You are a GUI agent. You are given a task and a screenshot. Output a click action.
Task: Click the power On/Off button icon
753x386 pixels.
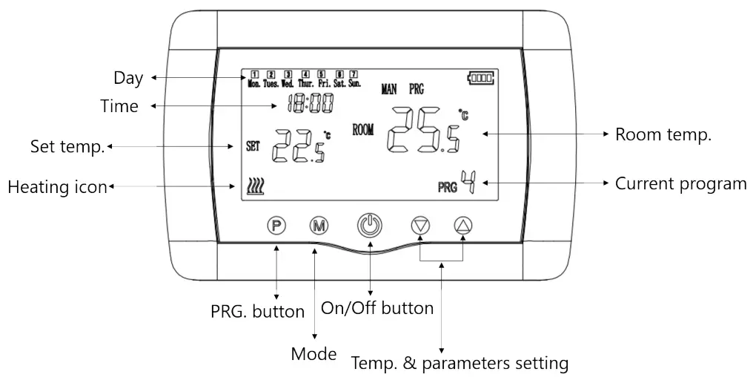click(370, 225)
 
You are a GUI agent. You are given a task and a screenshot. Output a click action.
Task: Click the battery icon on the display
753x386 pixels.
click(480, 76)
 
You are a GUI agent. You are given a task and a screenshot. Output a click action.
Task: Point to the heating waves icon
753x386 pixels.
click(256, 186)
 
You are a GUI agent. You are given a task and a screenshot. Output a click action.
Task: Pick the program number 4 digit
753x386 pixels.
click(468, 182)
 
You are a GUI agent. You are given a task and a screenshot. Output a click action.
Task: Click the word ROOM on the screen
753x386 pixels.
click(363, 130)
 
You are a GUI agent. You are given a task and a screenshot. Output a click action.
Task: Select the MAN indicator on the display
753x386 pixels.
click(389, 89)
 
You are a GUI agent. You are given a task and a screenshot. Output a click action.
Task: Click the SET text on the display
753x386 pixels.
click(254, 146)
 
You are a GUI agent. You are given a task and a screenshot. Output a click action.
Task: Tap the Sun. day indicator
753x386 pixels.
click(354, 79)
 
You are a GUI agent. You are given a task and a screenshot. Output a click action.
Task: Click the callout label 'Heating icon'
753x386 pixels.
click(57, 187)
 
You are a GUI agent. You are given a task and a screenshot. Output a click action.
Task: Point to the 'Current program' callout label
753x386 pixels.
click(680, 183)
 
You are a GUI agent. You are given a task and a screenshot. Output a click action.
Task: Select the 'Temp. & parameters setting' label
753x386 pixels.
click(460, 364)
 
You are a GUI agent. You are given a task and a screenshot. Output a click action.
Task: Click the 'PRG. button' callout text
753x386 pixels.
click(257, 312)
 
